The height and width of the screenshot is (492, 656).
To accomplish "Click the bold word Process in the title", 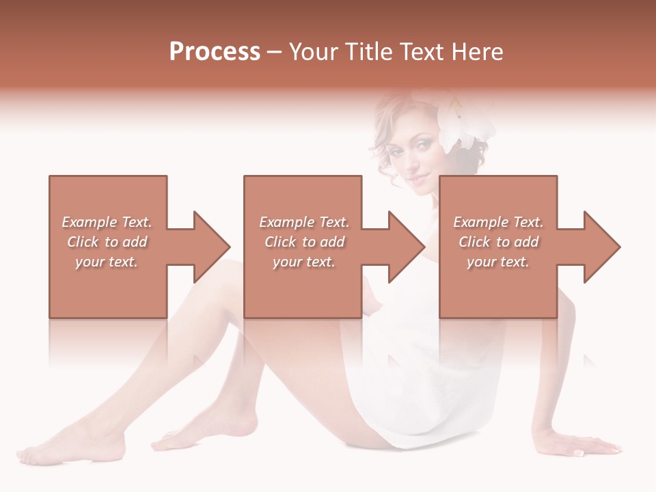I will (x=215, y=52).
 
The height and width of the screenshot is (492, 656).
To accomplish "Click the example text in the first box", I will (x=107, y=242).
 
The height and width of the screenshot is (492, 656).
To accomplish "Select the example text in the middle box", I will (x=303, y=242).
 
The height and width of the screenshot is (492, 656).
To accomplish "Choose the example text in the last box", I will (x=498, y=242).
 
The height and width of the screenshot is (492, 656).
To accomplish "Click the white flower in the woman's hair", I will (x=465, y=123).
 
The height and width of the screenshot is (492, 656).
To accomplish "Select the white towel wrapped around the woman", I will (x=396, y=383).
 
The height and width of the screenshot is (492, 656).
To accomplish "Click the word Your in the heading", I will (x=314, y=52).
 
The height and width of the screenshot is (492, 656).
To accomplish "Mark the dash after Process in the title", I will (x=274, y=52).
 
